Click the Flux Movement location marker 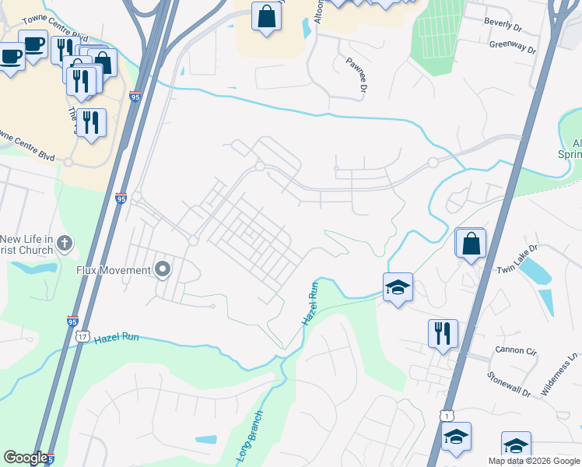[163, 270]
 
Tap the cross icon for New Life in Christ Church [65, 244]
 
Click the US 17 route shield [82, 335]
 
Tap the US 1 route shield [446, 416]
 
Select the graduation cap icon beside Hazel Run [397, 287]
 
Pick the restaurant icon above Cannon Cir [443, 333]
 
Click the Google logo [25, 458]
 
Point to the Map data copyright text [533, 461]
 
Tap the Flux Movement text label [113, 270]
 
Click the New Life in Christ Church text [26, 244]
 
